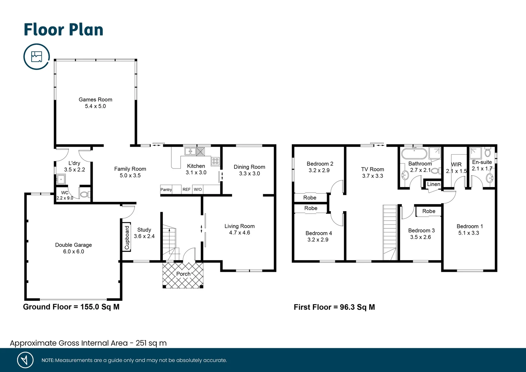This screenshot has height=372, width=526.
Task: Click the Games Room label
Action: tap(95, 100)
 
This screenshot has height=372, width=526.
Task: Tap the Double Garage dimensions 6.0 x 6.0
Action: tap(73, 252)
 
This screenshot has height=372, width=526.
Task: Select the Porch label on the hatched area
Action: tap(183, 274)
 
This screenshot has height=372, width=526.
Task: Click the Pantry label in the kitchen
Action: tap(166, 189)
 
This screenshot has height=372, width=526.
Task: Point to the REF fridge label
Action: tap(186, 189)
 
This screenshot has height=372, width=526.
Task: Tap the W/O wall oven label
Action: tap(198, 189)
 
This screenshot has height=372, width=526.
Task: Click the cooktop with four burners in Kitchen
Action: tap(215, 161)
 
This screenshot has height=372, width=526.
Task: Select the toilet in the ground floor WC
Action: tap(84, 195)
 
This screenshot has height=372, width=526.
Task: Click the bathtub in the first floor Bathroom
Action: tap(414, 153)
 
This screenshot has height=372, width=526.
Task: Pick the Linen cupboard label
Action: tap(433, 184)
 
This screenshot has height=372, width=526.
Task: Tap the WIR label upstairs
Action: tap(456, 165)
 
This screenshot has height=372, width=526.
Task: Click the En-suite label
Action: tap(482, 162)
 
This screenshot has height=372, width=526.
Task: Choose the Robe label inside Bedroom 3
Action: tap(429, 211)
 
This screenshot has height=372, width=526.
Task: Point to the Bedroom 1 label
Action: tap(470, 226)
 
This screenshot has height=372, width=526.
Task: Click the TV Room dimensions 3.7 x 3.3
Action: tap(372, 176)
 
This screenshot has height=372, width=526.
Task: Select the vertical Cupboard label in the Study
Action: tap(127, 238)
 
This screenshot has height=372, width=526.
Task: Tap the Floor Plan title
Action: tap(63, 30)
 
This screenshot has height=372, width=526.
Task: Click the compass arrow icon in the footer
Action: tap(25, 360)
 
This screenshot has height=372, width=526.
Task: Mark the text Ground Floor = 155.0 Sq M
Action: tap(71, 307)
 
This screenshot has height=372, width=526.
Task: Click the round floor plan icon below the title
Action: tap(36, 56)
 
